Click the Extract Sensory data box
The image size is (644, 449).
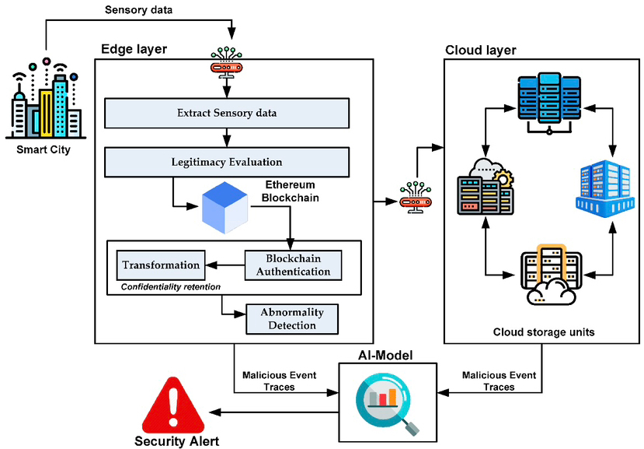coord(225,114)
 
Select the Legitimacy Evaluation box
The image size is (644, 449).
coord(225,162)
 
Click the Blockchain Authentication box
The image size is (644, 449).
coord(293,265)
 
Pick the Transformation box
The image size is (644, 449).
coord(161,265)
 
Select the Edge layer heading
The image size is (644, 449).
coord(134,49)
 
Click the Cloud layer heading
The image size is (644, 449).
coord(480,51)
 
